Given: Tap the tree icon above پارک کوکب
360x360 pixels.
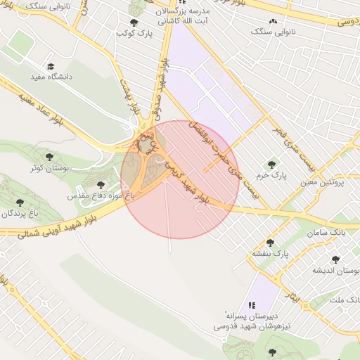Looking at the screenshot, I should pos(134,22).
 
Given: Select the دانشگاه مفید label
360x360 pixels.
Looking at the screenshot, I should pos(51,76).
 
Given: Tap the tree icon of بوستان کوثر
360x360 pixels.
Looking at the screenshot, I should pos(49,157).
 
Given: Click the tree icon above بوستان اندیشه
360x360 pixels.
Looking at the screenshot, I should pos(335,259).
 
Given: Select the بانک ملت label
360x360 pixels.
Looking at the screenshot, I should pos(345,300).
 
